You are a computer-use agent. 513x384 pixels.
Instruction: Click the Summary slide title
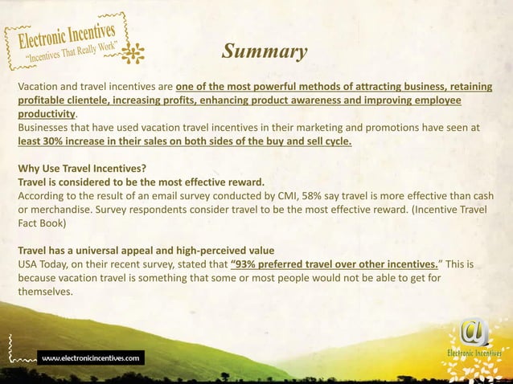point(265,52)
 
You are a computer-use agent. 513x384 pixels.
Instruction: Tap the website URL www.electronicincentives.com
point(92,356)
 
